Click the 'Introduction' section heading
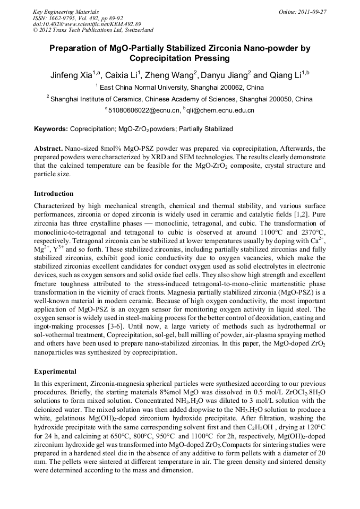point(54,194)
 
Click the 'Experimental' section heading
point(55,372)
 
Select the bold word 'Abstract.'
point(48,149)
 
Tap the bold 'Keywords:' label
point(51,129)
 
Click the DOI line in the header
point(87,24)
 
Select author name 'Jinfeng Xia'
point(70,75)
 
